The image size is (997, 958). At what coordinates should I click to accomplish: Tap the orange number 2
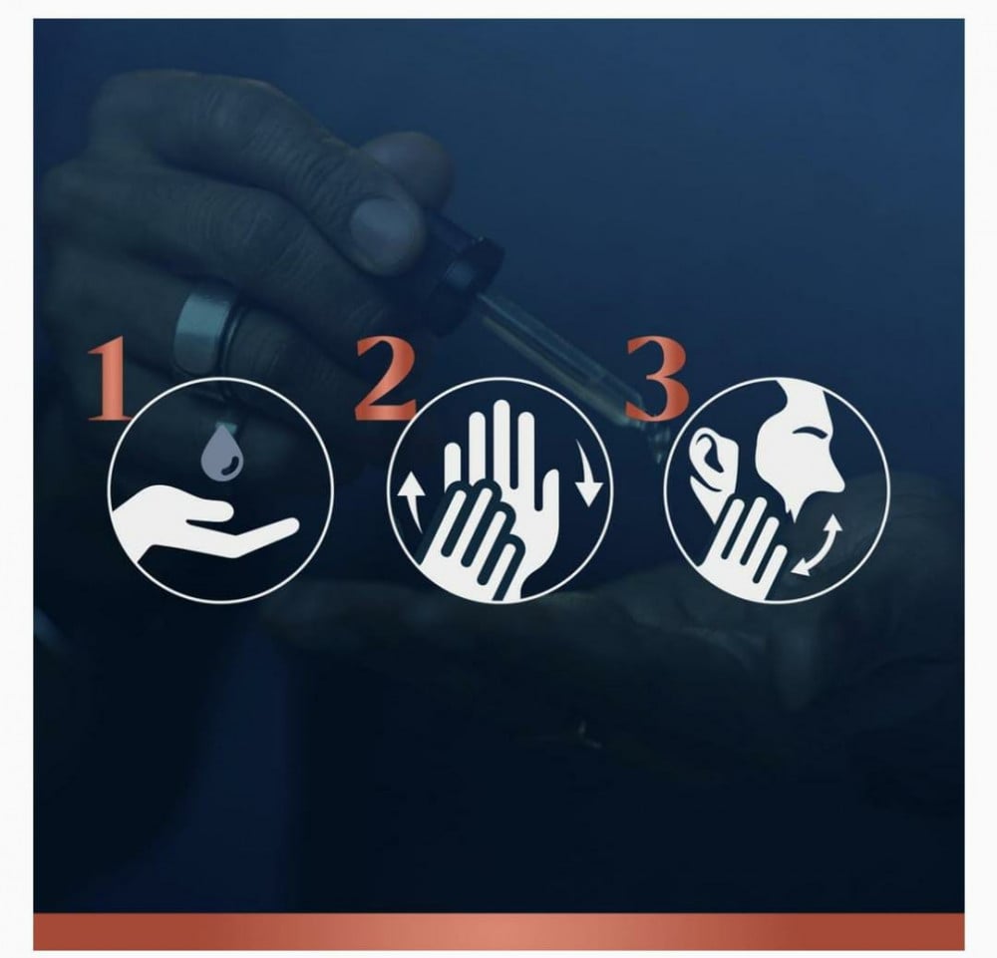pos(386,380)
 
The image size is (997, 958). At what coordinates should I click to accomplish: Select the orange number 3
pos(657,380)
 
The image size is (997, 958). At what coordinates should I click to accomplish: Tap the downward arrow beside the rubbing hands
pos(587,472)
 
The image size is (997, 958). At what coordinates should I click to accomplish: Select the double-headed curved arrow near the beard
pos(818,545)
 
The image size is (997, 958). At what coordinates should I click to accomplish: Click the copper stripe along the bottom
pos(498,932)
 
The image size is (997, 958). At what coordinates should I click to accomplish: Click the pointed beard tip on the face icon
pos(791,507)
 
